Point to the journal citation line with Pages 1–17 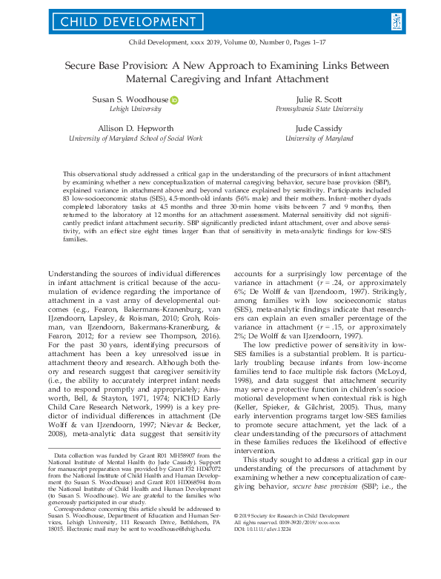coord(220,44)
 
